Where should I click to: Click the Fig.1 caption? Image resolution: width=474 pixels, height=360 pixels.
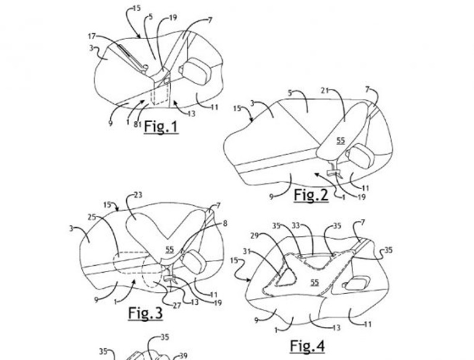(x=161, y=127)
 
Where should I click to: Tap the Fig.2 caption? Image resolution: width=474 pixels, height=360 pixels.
(x=311, y=195)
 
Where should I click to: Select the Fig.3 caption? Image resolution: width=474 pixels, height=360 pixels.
(x=145, y=313)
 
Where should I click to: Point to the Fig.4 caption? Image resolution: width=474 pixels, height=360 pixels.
(x=308, y=346)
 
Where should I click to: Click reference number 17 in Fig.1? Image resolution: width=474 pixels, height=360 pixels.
(x=92, y=36)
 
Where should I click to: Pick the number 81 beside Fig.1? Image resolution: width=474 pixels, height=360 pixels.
(x=137, y=124)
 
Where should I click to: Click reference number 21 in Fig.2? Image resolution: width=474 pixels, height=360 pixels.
(x=325, y=91)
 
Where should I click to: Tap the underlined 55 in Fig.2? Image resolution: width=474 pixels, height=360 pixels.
(x=341, y=141)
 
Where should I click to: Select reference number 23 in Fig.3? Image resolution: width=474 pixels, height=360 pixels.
(x=138, y=195)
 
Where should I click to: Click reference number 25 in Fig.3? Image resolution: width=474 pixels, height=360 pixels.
(x=92, y=217)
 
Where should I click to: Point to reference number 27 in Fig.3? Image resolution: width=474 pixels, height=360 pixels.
(x=177, y=305)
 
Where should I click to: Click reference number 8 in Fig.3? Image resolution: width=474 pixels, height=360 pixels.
(x=225, y=224)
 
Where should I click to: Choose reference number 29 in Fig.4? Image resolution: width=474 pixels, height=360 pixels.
(x=255, y=235)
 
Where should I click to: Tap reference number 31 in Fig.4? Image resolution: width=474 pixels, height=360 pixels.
(x=247, y=250)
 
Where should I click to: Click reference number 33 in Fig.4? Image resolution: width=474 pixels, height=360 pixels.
(x=296, y=225)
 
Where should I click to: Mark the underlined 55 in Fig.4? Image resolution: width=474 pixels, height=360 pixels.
(x=315, y=282)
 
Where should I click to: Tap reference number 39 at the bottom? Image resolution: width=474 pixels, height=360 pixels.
(x=184, y=356)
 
